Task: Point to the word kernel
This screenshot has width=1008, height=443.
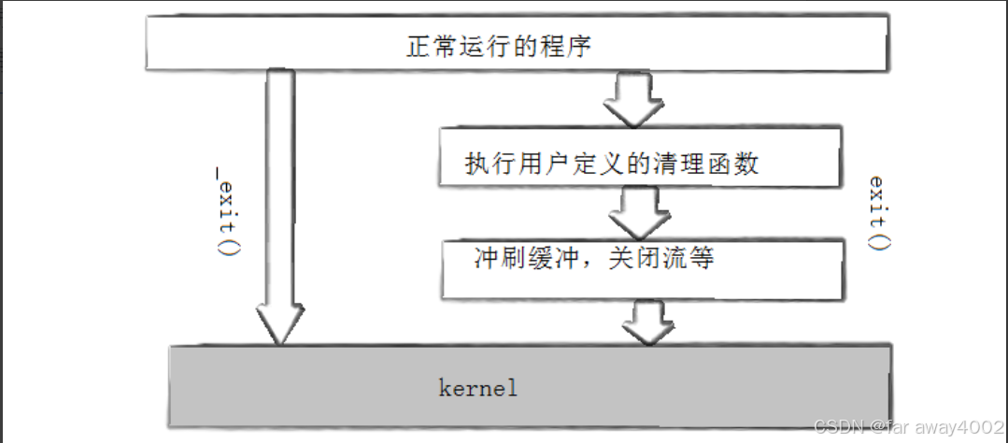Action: [x=478, y=387]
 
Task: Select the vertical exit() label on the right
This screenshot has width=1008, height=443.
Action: [x=878, y=213]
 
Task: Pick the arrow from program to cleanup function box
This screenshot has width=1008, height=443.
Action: [x=632, y=98]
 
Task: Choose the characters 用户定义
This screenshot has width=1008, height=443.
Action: [x=555, y=164]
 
